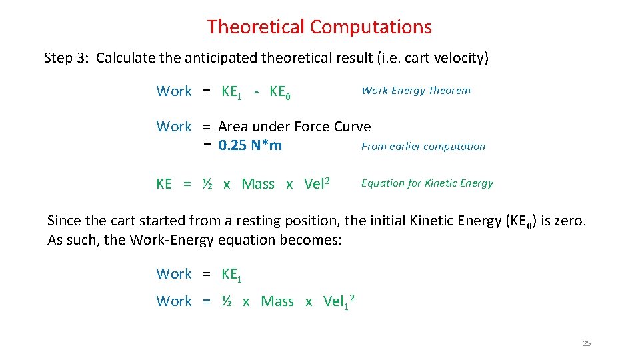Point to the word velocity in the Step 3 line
(x=461, y=58)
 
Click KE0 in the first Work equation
(x=279, y=92)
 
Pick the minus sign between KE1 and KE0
(x=257, y=91)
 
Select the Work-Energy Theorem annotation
(x=415, y=91)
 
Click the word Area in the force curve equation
(x=233, y=127)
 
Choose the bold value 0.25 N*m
(x=250, y=145)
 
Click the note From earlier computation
(x=423, y=147)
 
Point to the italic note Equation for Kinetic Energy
(x=427, y=183)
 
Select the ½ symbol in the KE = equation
(x=207, y=184)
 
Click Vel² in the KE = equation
(x=317, y=183)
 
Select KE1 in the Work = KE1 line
(x=231, y=274)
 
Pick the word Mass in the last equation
(x=277, y=301)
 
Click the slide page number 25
(x=587, y=343)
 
